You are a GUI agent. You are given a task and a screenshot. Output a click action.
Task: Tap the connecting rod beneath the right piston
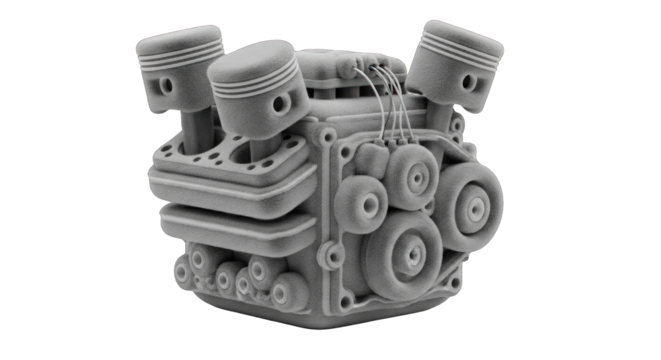(440, 115)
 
